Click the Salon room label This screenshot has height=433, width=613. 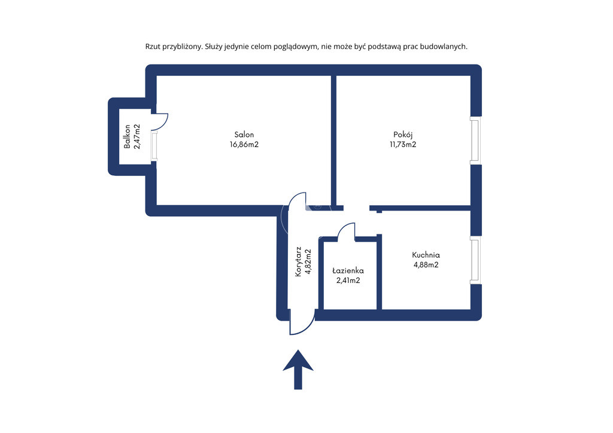(244, 135)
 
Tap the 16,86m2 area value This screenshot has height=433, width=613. (244, 145)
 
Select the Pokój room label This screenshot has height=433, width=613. (403, 135)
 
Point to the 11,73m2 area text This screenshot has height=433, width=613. (403, 145)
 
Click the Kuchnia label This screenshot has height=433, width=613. (426, 255)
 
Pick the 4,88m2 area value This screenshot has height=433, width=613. (426, 265)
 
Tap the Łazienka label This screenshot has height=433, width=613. (348, 270)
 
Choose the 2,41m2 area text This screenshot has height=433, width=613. (348, 280)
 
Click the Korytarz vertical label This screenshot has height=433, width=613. (298, 261)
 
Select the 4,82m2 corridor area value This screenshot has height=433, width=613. (308, 261)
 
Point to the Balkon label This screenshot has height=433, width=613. (127, 136)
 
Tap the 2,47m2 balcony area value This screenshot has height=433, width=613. (137, 136)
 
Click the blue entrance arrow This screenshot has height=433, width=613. (298, 370)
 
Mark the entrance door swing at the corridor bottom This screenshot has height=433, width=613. (309, 327)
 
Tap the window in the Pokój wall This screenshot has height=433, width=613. (475, 141)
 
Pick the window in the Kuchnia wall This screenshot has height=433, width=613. (475, 260)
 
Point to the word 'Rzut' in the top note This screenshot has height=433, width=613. (153, 47)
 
